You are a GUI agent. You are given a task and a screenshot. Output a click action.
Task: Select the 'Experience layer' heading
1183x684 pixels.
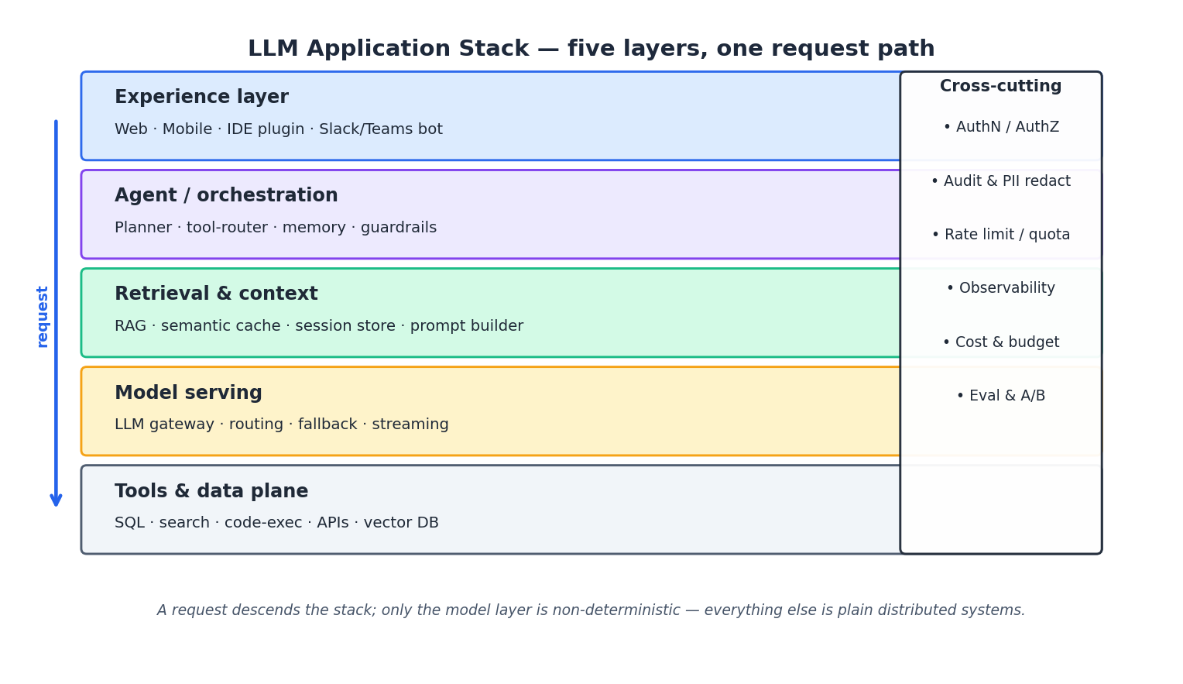[201, 98]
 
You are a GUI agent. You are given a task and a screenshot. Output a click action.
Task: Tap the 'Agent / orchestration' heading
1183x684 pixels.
[226, 196]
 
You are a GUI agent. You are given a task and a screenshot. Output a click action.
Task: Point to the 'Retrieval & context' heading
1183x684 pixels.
[216, 294]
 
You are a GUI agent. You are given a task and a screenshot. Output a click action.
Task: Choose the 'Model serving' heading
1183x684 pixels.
[188, 394]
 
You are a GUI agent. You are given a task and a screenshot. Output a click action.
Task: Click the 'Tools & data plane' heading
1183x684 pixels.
[211, 492]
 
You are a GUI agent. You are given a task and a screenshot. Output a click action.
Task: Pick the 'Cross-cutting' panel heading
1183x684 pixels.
[1000, 87]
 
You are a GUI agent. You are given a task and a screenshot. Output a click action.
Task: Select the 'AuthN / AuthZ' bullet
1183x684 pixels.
[1001, 127]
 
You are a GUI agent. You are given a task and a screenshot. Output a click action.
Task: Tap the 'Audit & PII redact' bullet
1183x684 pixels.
[1001, 181]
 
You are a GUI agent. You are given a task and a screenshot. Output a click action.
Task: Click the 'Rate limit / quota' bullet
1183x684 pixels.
[1001, 235]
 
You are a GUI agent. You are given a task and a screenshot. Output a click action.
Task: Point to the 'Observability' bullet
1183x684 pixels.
[1001, 288]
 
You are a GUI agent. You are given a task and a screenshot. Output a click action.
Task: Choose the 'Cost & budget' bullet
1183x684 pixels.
[1001, 342]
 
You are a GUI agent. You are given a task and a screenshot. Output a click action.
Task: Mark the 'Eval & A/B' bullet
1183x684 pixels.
[1001, 396]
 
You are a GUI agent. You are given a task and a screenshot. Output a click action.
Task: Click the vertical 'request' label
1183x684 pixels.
[43, 316]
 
